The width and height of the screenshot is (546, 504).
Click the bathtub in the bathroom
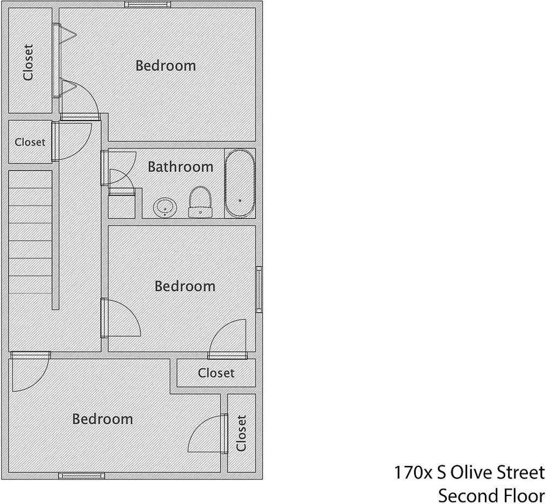tap(240, 183)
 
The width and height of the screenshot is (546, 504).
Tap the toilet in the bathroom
tap(200, 202)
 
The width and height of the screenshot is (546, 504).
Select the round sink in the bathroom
tap(164, 208)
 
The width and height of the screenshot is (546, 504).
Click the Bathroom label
tap(181, 167)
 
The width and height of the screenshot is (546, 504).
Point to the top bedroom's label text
tap(166, 66)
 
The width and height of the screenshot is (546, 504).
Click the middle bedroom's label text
tap(185, 286)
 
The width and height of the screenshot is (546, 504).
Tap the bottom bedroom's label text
tap(102, 419)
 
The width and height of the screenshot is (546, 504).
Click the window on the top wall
tap(148, 4)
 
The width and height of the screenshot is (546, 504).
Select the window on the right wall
tap(259, 290)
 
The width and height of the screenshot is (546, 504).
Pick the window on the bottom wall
tap(81, 476)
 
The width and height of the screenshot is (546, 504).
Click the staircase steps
tap(31, 232)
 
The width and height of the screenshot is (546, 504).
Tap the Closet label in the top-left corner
tap(28, 62)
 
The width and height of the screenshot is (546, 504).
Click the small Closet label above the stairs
tap(30, 142)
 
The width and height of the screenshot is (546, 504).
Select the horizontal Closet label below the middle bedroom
tap(216, 373)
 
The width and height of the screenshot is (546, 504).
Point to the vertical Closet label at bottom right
tap(241, 433)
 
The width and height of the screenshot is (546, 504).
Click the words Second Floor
tap(491, 495)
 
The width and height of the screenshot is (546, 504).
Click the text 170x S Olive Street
tap(469, 473)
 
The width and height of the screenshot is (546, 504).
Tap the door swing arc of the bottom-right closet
tap(198, 426)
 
